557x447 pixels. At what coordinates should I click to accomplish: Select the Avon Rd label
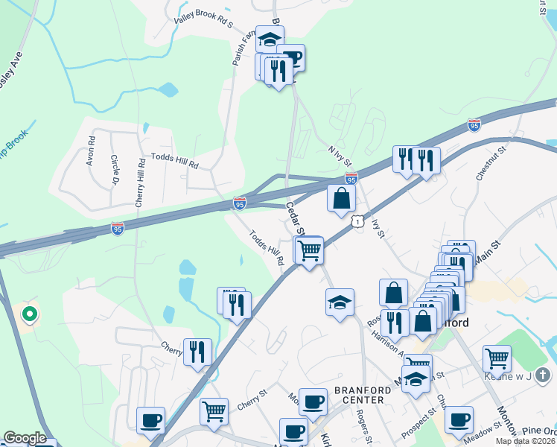[x=91, y=150]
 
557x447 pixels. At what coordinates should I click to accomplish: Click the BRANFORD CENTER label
[x=359, y=395]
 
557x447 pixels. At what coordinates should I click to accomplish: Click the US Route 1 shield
[x=358, y=221]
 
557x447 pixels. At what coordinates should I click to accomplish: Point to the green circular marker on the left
[x=29, y=314]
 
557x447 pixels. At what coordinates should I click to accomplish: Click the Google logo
[x=25, y=438]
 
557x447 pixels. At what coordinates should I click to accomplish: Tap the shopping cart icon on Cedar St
[x=309, y=250]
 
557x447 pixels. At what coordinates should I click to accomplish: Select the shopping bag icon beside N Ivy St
[x=341, y=198]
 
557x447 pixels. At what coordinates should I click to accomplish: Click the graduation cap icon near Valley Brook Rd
[x=270, y=38]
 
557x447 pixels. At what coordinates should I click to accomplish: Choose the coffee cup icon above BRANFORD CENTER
[x=313, y=401]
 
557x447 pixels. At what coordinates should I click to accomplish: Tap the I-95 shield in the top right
[x=474, y=125]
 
